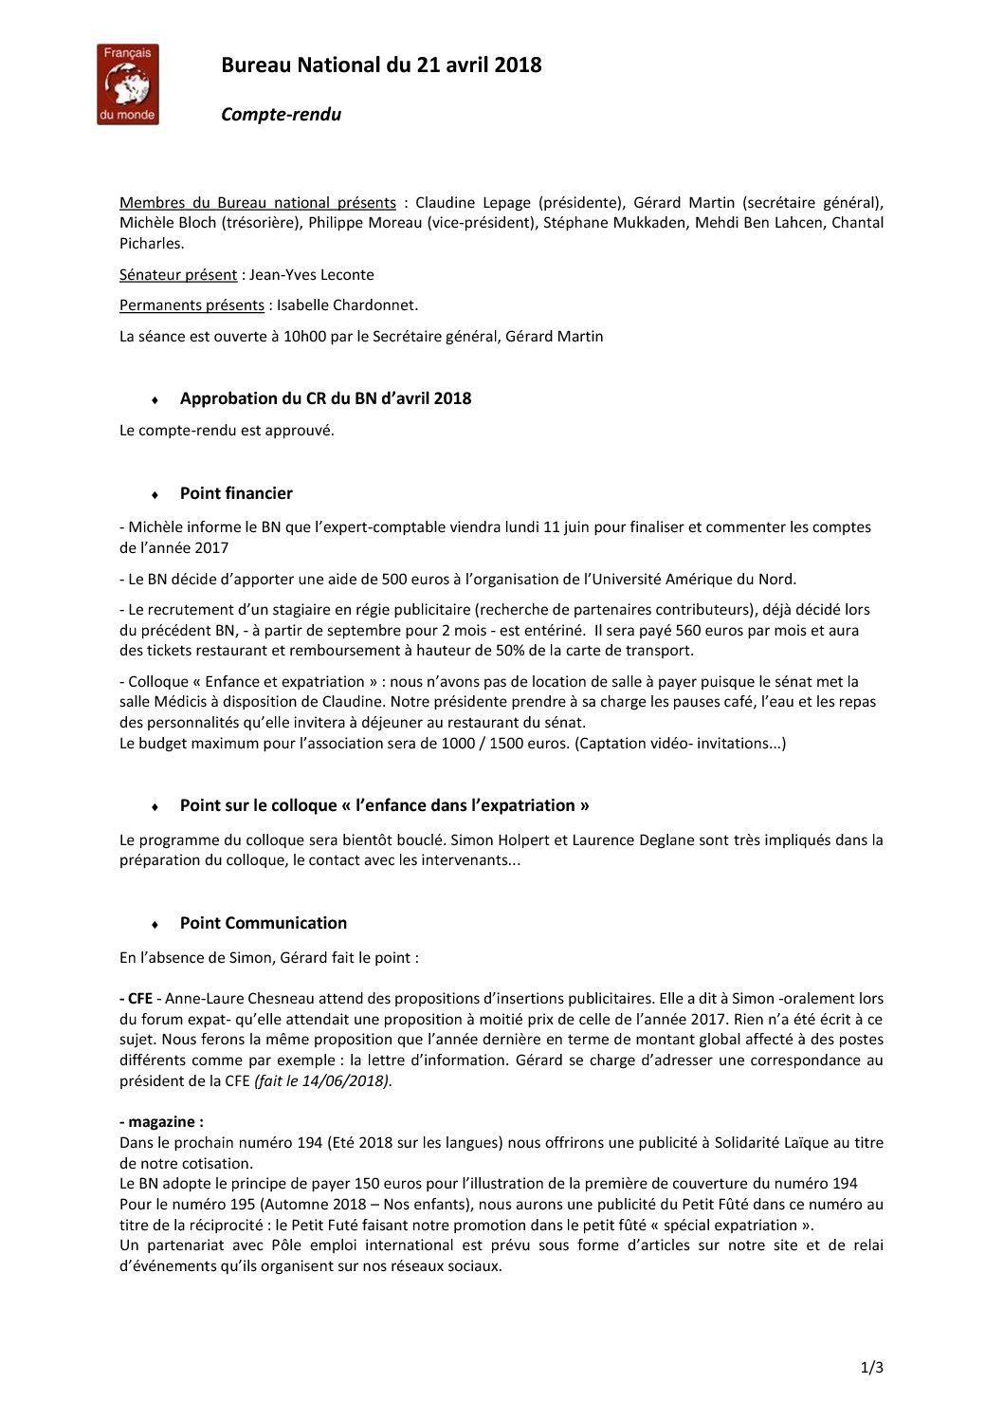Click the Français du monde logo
click(x=128, y=84)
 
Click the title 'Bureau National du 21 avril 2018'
click(x=381, y=65)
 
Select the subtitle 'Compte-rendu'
click(x=281, y=115)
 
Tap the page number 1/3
click(x=872, y=1367)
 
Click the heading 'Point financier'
click(x=236, y=493)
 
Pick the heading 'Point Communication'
click(x=263, y=923)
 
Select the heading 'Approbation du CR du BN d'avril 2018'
click(x=325, y=398)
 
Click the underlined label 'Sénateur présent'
click(x=178, y=275)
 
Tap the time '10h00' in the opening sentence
click(x=303, y=336)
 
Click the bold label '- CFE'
click(x=136, y=998)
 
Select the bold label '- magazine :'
click(x=161, y=1122)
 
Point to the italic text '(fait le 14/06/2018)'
click(x=322, y=1080)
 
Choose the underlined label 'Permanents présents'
click(x=191, y=305)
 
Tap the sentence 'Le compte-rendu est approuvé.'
click(x=227, y=431)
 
